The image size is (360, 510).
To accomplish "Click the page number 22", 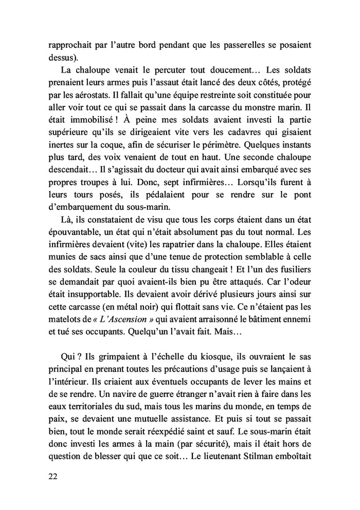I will click(x=51, y=476).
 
